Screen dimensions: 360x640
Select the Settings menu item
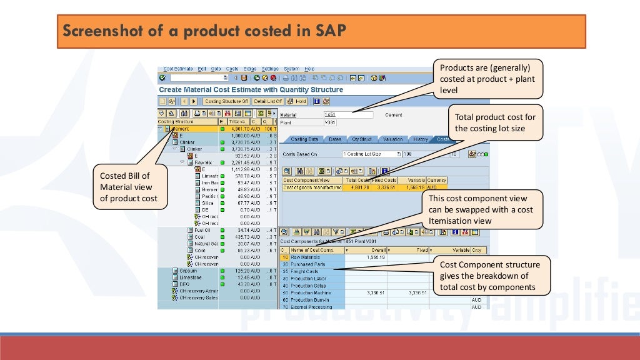[x=270, y=69]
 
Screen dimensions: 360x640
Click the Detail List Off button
[x=268, y=101]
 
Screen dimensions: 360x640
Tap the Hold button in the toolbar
[x=297, y=101]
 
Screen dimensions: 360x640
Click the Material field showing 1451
[x=347, y=115]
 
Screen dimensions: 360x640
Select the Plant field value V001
[x=331, y=122]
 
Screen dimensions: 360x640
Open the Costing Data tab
[x=305, y=139]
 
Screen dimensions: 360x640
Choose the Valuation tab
[x=392, y=139]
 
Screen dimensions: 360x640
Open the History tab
[x=421, y=139]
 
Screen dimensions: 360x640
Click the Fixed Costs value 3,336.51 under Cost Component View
[x=384, y=187]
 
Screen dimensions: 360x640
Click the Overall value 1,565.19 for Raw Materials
[x=376, y=257]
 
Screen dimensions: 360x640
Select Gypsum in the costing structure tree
[x=188, y=271]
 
